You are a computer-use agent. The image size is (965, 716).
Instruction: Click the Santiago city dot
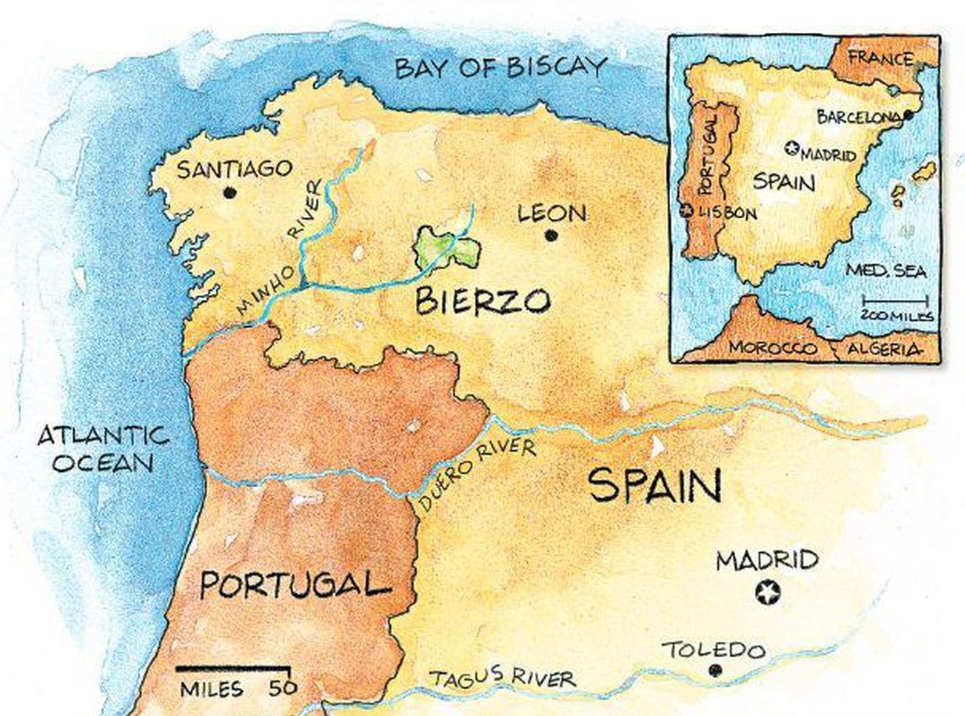point(228,193)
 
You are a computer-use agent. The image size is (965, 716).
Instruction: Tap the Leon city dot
point(551,236)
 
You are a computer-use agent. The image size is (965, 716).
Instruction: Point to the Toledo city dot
point(716,670)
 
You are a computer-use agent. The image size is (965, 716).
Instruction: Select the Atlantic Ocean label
point(103,449)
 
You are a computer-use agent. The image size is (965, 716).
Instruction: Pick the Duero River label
point(476,473)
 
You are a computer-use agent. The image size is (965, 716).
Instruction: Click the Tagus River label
point(502,677)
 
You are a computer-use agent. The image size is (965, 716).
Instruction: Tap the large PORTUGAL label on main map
point(296,585)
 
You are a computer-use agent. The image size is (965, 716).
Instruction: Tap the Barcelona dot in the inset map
point(907,115)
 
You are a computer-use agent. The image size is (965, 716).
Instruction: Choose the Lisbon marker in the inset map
point(688,211)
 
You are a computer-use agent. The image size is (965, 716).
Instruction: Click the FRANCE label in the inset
point(880,58)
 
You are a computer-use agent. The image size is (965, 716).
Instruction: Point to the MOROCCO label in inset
point(773,347)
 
